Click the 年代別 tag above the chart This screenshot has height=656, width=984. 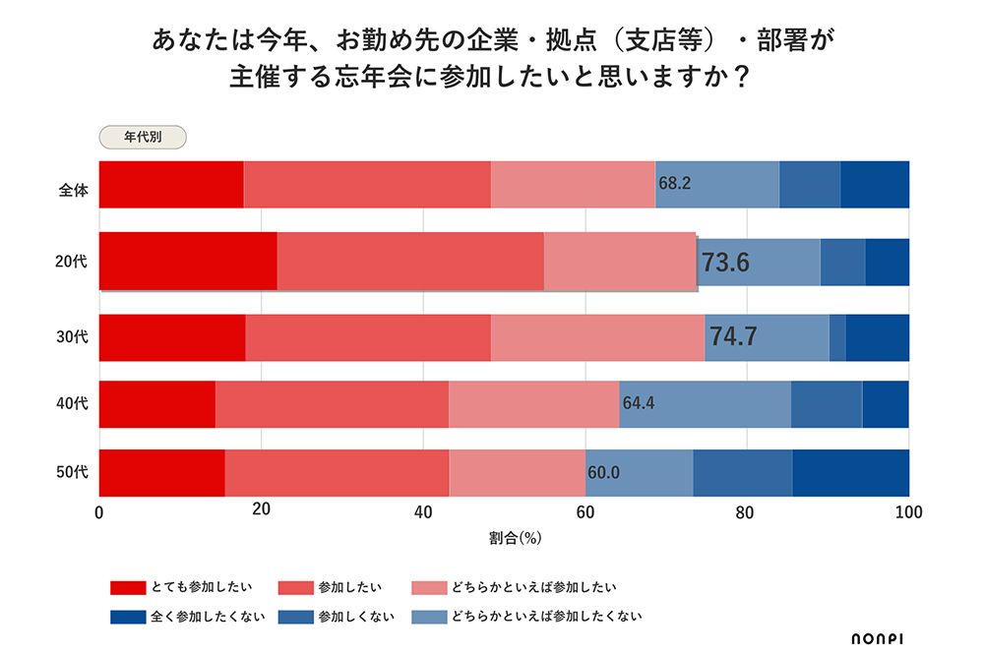coord(143,138)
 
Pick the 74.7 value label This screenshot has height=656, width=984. coord(733,336)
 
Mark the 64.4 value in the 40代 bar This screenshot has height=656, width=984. coord(639,402)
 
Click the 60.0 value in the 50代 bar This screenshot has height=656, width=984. coord(603,472)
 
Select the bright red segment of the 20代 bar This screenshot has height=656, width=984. coord(188,262)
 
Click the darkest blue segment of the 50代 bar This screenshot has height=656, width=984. coord(850,472)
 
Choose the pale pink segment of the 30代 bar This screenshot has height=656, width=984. coord(597,337)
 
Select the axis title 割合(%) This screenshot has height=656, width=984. coord(515,539)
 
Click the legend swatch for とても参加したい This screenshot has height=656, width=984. coord(127,588)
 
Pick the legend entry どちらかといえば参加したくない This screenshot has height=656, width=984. coord(546,617)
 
